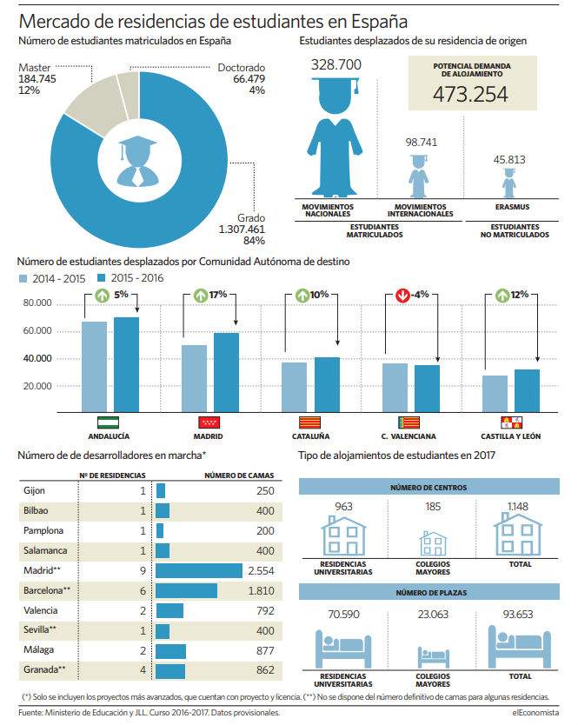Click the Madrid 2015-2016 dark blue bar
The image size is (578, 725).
point(226,373)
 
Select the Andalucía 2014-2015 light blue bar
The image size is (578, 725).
point(95,367)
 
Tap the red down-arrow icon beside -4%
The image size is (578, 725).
point(402,295)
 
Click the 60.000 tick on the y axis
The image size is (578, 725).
point(37,330)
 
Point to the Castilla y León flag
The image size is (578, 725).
point(511,422)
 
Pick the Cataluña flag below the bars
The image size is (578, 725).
point(309,422)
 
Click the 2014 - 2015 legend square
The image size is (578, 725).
point(23,279)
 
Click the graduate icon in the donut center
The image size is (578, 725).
point(138,161)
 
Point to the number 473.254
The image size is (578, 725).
point(470,95)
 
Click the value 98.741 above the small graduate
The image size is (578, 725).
point(422,143)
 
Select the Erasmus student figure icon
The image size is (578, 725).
point(509,183)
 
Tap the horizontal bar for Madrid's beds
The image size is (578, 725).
point(199,570)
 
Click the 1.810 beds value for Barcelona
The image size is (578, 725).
point(261,591)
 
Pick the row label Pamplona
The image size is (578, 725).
point(43,531)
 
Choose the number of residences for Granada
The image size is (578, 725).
point(143,670)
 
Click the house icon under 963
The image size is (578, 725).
point(343,535)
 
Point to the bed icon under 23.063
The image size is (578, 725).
point(433,656)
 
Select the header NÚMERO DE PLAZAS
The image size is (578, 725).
point(431,593)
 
